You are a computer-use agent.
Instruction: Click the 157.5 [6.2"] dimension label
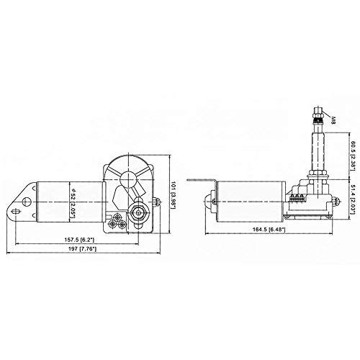coord(79,239)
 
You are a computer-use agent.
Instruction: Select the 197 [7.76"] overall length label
coord(82,249)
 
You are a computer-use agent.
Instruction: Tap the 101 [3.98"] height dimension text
coord(174,195)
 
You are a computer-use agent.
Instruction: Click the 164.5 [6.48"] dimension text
coord(269,230)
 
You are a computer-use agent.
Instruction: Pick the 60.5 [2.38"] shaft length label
coord(352,156)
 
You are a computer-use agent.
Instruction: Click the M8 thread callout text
coord(333,120)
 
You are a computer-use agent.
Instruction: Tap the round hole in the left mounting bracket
coord(27,202)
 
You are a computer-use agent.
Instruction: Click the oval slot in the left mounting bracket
coord(16,212)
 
